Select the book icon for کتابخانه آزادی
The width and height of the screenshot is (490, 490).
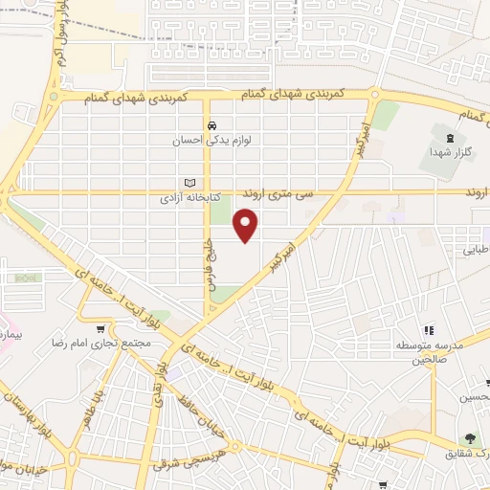point(189,183)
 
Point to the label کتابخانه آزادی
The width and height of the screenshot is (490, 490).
point(189,199)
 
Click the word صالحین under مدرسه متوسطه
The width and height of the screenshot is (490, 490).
point(430,360)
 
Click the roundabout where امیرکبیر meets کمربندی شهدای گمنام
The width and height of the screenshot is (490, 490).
point(372,96)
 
